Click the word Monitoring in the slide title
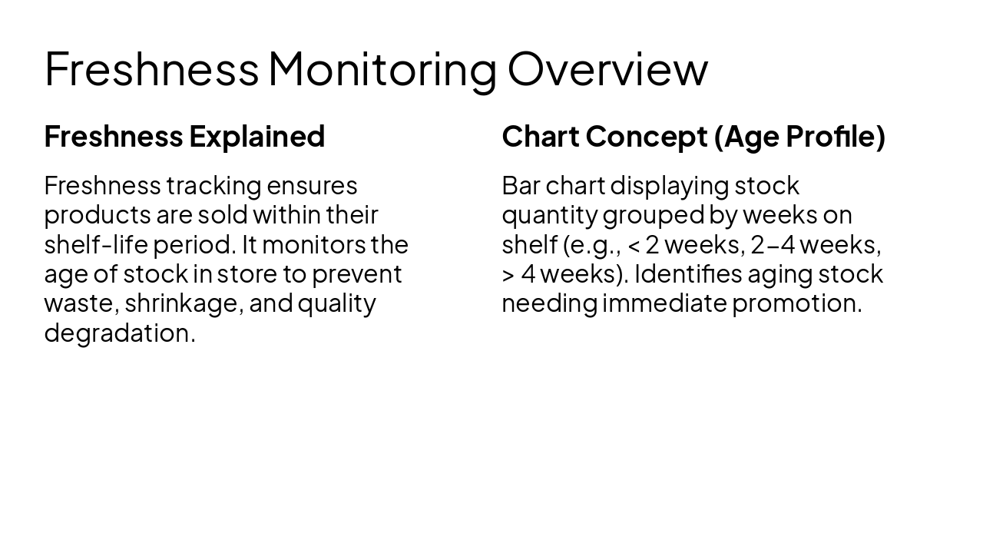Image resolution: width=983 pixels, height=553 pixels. tap(382, 69)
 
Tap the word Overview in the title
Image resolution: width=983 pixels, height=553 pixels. tap(607, 69)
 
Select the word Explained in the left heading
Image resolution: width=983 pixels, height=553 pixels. tap(257, 137)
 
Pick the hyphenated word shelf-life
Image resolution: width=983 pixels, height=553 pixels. tap(95, 245)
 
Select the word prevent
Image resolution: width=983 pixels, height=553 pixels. tap(356, 274)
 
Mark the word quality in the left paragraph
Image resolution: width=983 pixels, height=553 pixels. tap(336, 303)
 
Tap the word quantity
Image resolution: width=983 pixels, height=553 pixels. tap(549, 215)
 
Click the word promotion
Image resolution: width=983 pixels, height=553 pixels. tap(796, 303)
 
